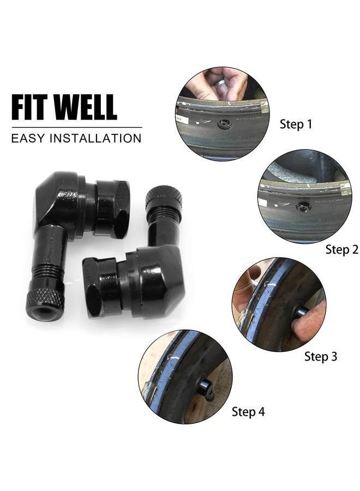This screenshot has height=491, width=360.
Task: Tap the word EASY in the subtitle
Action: [28, 137]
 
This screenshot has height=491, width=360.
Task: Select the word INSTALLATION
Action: [95, 137]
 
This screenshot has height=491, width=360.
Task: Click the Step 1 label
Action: [296, 124]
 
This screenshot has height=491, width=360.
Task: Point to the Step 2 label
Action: [341, 250]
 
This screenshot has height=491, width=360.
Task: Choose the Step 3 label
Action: [321, 357]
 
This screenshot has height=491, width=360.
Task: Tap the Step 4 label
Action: [248, 412]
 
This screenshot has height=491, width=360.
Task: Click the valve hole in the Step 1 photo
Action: [224, 125]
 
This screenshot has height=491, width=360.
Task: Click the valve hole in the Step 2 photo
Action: [303, 207]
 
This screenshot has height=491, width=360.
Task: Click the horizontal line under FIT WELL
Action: [76, 128]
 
